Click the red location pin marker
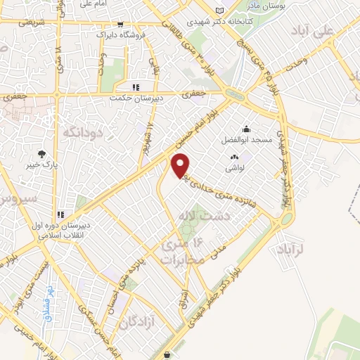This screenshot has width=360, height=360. coord(181,165)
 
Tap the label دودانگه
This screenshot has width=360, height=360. coord(82,131)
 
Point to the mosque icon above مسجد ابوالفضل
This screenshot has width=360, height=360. coord(246,129)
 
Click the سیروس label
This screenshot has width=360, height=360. coord(15,198)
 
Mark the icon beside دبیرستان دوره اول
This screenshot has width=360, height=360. coord(61,214)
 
